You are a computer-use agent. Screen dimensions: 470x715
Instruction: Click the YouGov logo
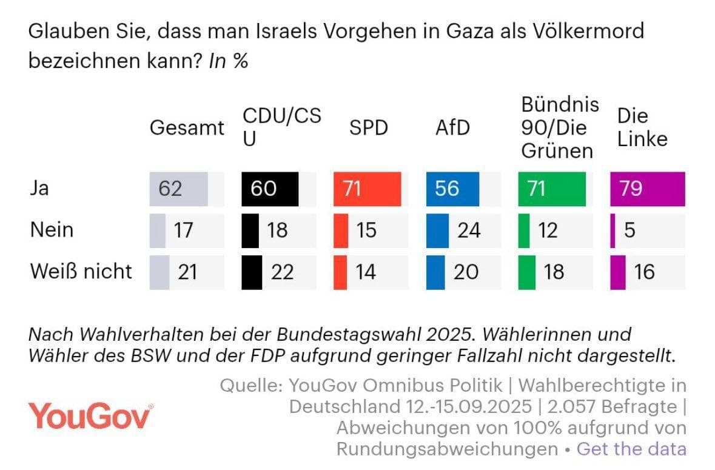90,416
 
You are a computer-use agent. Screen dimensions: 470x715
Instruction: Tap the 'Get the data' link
631,449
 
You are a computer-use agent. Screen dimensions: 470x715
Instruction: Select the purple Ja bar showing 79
647,189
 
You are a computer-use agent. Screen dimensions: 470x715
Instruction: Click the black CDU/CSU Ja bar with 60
270,189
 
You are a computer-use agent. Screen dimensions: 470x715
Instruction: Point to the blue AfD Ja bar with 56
452,189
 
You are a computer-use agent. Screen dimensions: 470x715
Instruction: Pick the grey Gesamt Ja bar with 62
179,189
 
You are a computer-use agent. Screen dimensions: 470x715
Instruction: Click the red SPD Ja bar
368,189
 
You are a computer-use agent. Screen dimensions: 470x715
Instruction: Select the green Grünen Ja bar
552,189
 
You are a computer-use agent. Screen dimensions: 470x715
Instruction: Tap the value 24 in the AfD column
469,230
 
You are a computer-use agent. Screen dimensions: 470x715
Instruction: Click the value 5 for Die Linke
629,230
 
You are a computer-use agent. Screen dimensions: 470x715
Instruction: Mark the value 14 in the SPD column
365,272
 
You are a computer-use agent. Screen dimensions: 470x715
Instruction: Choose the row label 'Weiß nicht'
81,271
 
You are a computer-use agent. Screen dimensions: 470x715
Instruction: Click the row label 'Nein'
52,230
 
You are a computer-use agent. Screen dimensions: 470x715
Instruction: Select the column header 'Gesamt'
187,128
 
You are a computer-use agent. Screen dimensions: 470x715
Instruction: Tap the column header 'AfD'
452,128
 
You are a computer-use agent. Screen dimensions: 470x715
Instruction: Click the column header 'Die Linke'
642,127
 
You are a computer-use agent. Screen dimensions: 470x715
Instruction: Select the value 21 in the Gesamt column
187,272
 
